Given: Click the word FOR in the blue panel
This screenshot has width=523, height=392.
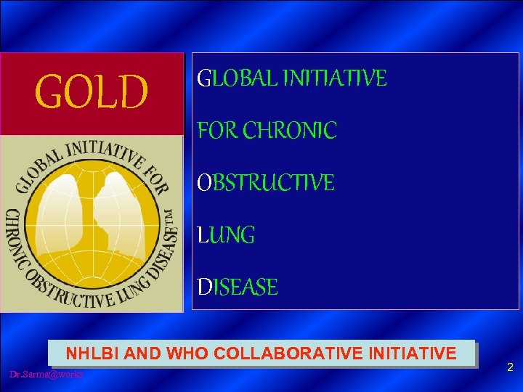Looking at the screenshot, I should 217,131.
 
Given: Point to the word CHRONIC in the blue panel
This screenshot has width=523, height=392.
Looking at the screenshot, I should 290,131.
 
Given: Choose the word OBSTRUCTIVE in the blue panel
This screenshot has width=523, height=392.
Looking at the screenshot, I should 266,183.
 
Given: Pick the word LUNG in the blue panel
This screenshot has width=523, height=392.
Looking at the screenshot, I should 226,235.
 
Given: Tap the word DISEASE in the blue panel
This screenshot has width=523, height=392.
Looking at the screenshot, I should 238,287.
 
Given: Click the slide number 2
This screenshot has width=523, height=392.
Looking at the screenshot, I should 510,368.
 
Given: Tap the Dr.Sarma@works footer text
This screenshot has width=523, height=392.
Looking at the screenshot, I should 46,374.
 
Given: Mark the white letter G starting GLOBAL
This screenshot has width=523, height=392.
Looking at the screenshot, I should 204,78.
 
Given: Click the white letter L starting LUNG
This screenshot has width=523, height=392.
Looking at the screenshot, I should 202,235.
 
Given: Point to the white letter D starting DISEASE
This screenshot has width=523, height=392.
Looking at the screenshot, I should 203,287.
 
